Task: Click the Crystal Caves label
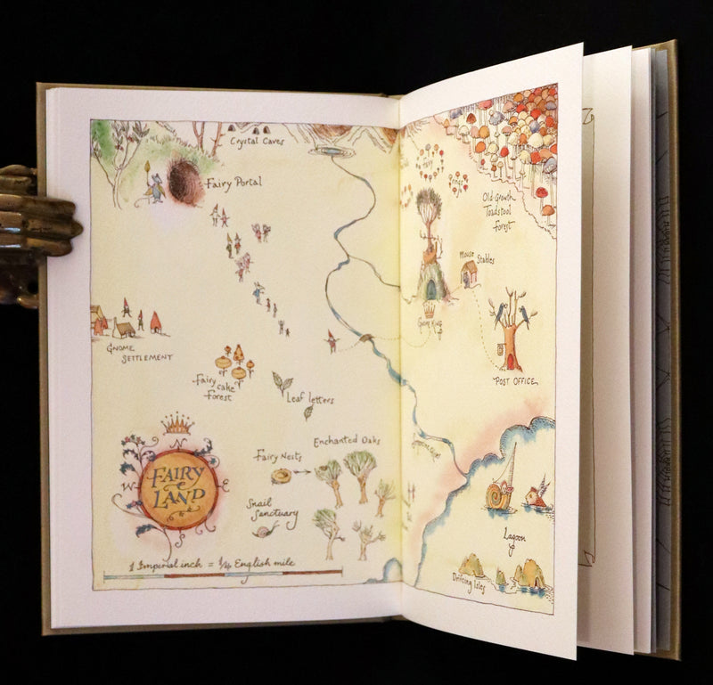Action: [x=257, y=140]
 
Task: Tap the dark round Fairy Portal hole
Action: [x=185, y=182]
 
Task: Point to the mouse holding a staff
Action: [x=153, y=190]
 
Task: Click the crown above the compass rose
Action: [x=178, y=422]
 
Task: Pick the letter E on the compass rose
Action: [x=225, y=485]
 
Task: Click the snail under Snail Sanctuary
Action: [x=265, y=531]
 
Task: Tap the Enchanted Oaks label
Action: [x=347, y=441]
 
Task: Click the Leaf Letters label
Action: [x=310, y=400]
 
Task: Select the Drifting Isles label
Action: [x=471, y=587]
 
